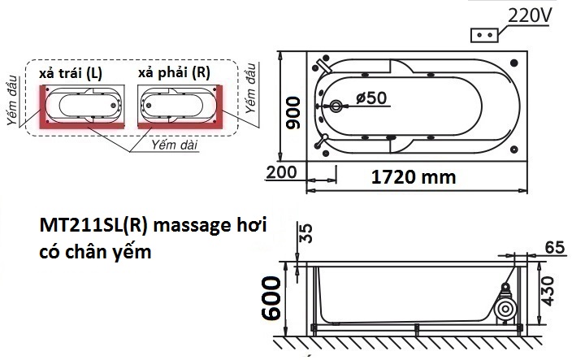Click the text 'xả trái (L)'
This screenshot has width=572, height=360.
pyautogui.click(x=71, y=73)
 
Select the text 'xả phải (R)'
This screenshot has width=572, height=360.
pyautogui.click(x=174, y=73)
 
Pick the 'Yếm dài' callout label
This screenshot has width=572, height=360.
pyautogui.click(x=171, y=144)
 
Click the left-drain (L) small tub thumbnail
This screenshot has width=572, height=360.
pyautogui.click(x=80, y=106)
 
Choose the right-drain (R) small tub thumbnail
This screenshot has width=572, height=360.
pyautogui.click(x=179, y=106)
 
